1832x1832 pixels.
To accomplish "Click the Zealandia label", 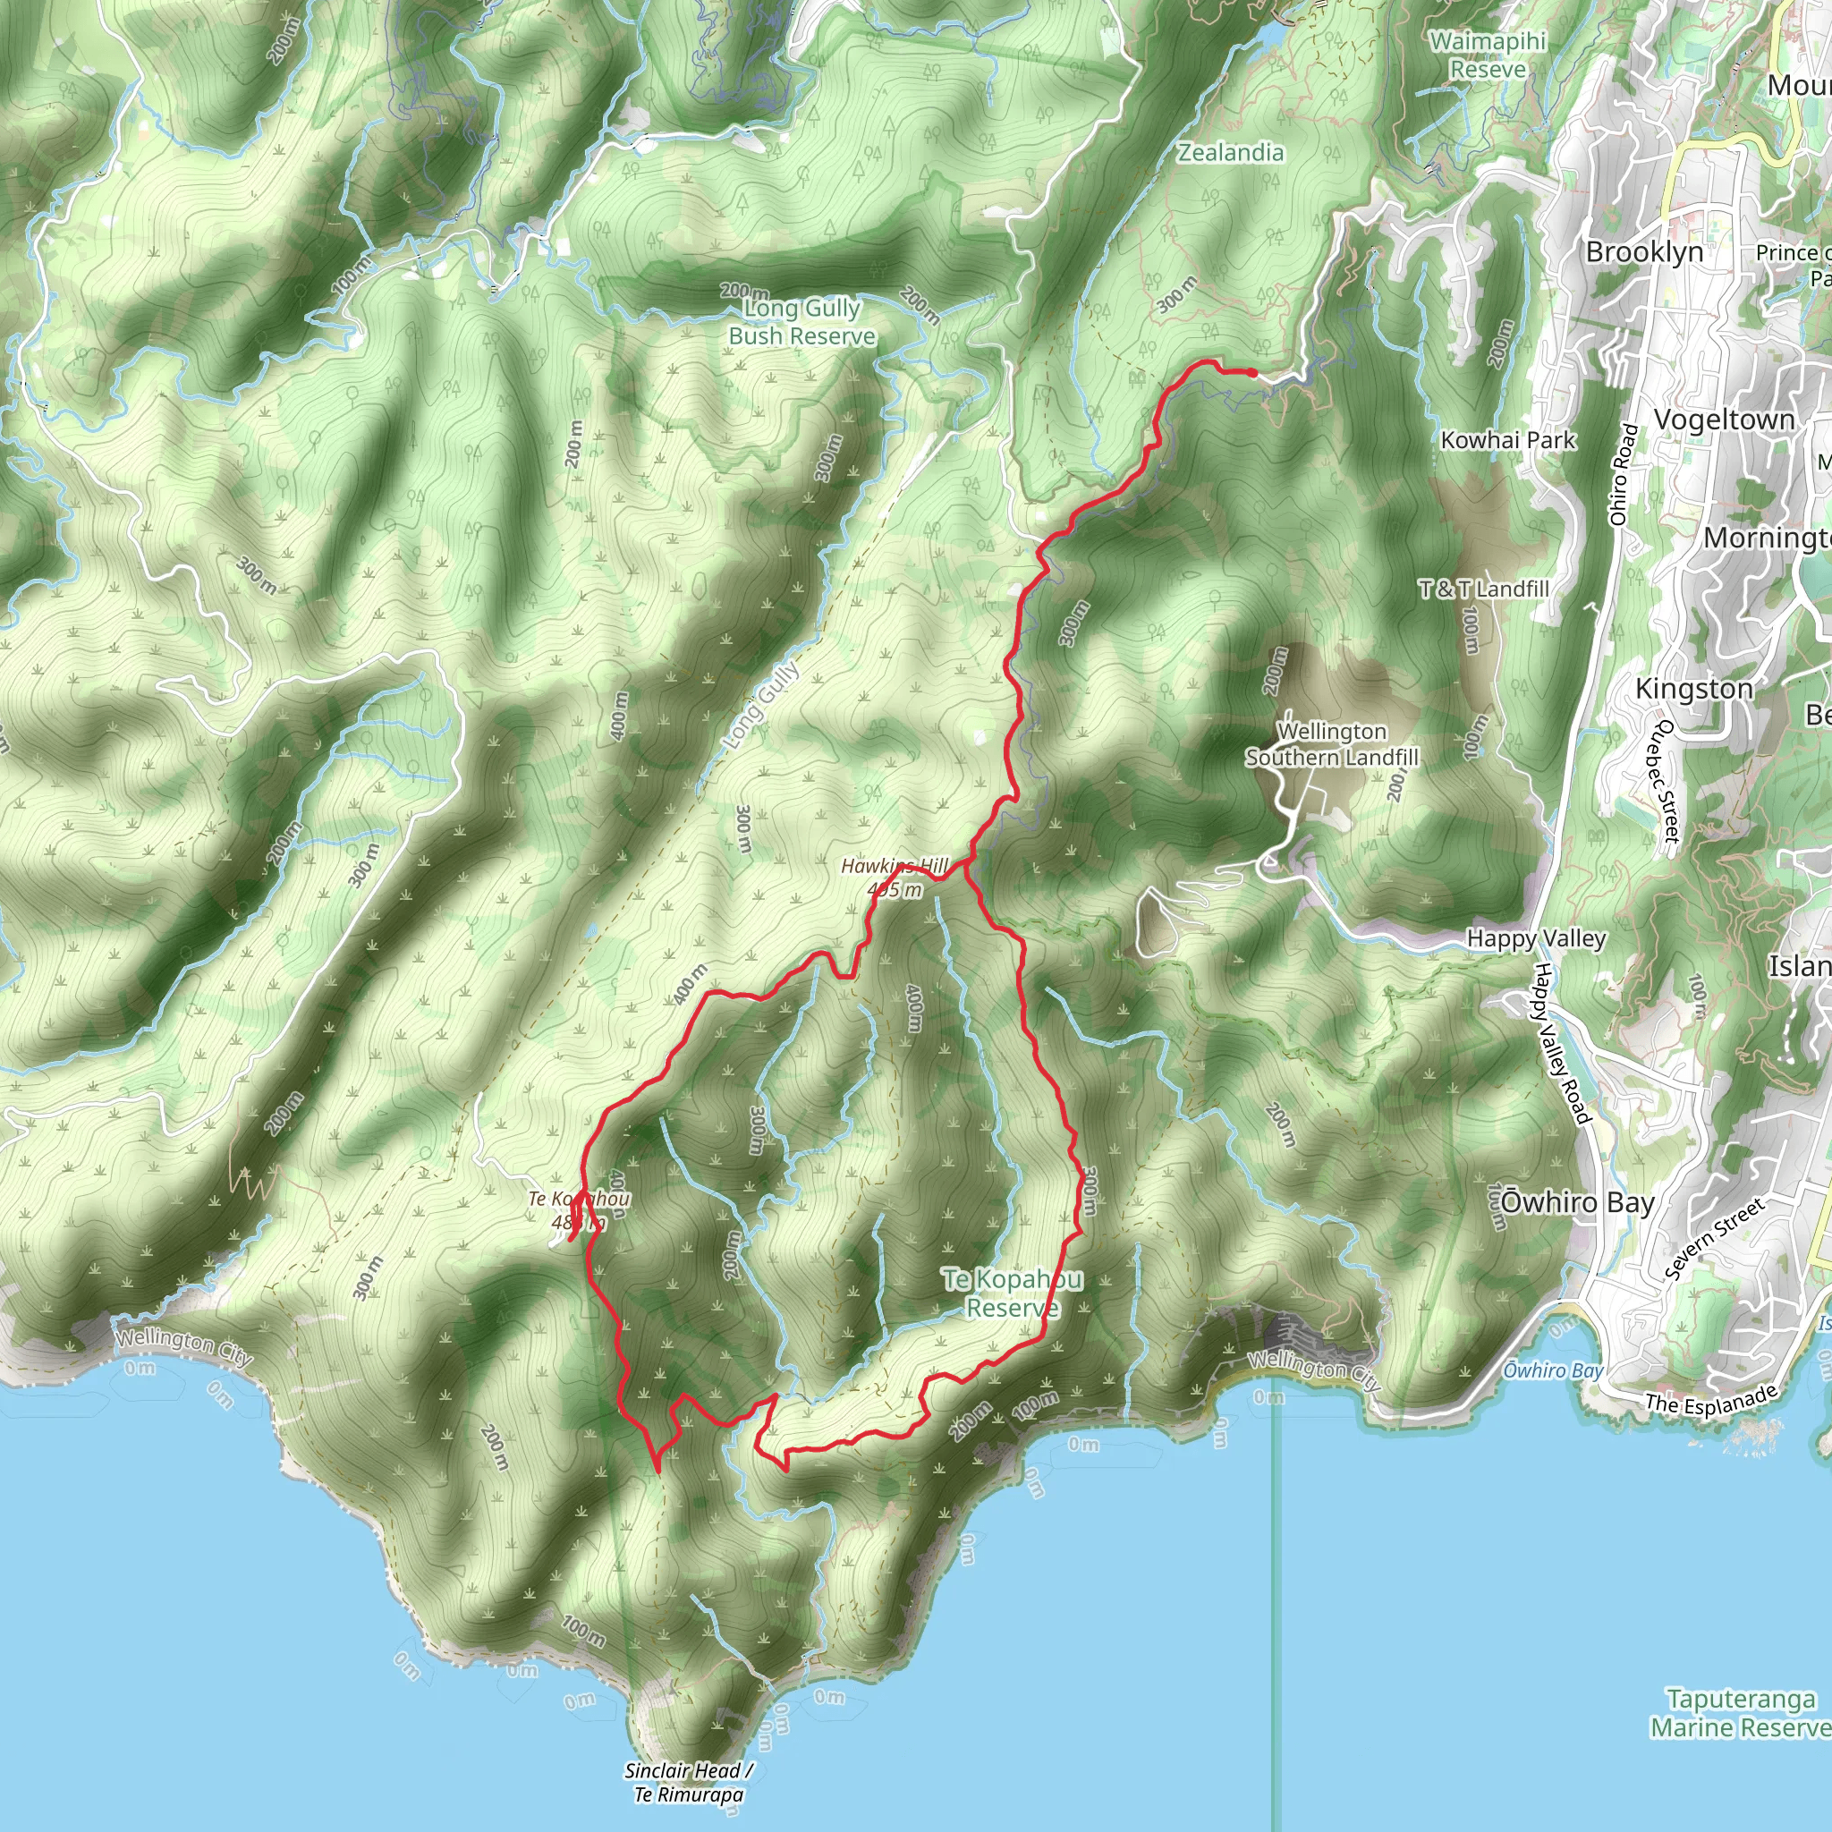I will pos(1230,153).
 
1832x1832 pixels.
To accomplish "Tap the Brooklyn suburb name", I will pos(1644,252).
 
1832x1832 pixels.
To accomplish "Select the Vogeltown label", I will pos(1724,420).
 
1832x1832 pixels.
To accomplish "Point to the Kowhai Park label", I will pos(1507,440).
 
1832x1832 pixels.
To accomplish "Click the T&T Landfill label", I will pos(1483,589).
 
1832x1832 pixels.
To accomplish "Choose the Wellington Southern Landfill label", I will pos(1331,744).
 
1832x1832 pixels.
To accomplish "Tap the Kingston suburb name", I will pos(1693,689).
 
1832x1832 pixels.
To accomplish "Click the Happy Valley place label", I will pos(1536,938).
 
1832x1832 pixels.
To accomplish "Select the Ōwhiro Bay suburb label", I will pos(1577,1202).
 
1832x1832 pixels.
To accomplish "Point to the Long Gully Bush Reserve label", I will pos(802,322).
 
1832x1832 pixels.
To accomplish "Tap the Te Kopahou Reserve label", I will pos(1012,1293).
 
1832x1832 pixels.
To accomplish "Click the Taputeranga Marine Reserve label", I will pos(1740,1713).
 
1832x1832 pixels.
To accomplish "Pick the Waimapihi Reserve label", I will pos(1487,55).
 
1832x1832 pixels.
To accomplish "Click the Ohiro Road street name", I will pos(1624,474).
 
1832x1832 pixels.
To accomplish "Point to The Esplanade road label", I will pos(1710,1400).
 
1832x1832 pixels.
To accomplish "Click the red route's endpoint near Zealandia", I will pos(1252,374).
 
